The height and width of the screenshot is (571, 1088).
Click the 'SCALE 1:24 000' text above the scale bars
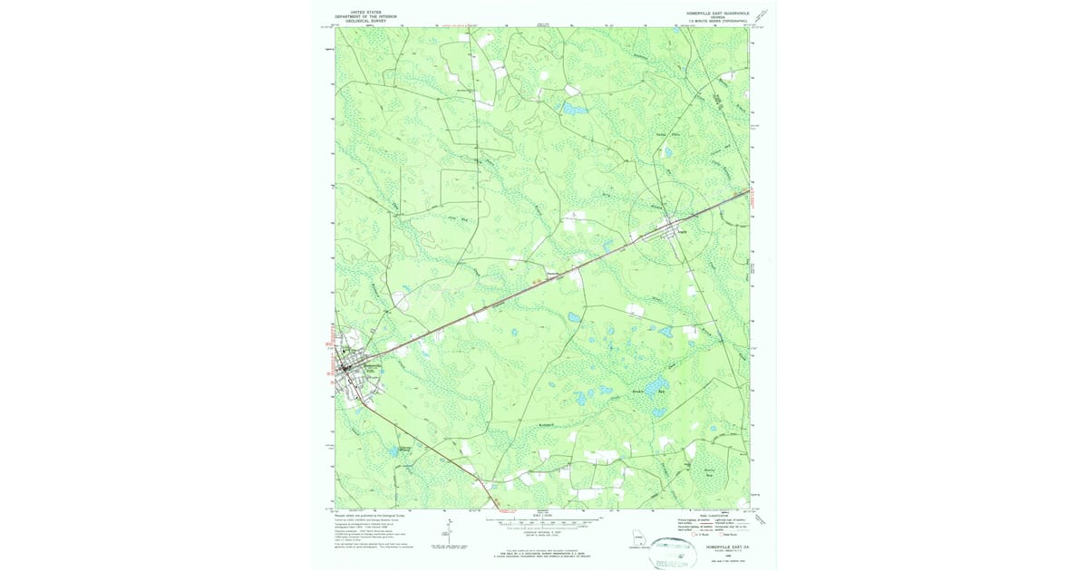click(x=542, y=516)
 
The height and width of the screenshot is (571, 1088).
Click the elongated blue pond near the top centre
click(x=575, y=107)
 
